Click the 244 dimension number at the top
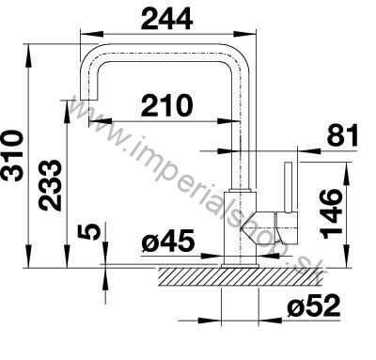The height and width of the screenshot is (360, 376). [166, 19]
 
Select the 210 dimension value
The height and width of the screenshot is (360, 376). [166, 105]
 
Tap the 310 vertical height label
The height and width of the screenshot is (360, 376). [13, 156]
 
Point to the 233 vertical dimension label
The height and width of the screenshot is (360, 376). [49, 185]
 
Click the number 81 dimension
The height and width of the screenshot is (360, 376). [342, 134]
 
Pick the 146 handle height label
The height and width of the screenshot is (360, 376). [332, 213]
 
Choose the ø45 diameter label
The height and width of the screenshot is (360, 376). [168, 241]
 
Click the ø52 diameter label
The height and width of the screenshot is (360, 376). [313, 305]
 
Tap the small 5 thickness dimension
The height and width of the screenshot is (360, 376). [89, 232]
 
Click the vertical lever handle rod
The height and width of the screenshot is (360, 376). [289, 187]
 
